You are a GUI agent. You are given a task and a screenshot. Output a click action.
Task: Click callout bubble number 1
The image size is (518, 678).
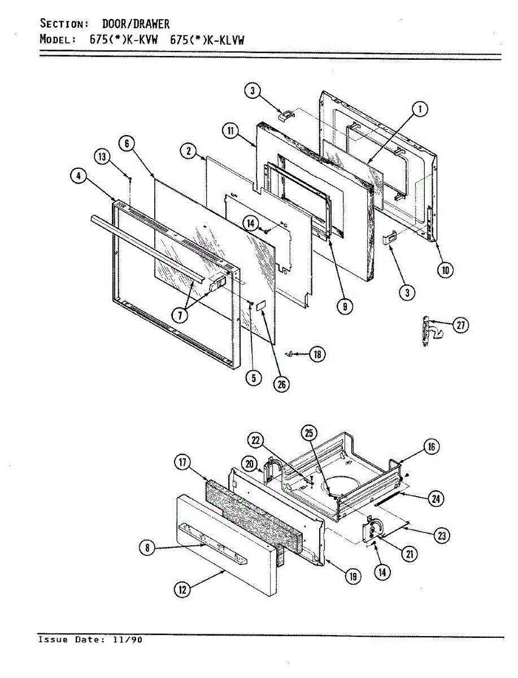[420, 109]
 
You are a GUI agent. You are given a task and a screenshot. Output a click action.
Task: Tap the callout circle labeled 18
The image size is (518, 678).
[318, 354]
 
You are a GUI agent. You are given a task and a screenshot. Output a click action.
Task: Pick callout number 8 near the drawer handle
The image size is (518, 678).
[147, 547]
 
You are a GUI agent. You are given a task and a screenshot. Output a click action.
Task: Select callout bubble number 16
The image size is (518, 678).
[432, 447]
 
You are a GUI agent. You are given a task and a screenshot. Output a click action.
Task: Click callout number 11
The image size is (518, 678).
[230, 131]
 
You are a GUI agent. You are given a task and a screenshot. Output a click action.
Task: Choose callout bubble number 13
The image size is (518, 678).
[102, 158]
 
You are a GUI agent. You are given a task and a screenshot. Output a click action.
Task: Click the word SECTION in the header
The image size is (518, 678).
[63, 24]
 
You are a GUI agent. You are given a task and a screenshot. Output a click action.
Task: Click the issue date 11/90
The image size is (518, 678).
[130, 640]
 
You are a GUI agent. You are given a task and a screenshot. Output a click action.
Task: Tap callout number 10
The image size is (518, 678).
[445, 270]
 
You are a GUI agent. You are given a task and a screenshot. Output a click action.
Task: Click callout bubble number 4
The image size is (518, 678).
[79, 176]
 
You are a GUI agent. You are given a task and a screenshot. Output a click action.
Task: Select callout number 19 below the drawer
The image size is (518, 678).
[352, 576]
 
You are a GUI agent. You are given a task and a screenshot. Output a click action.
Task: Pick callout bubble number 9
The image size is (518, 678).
[344, 306]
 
